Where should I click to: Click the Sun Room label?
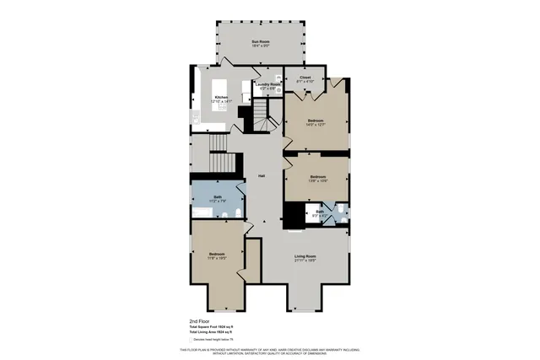pos(260,43)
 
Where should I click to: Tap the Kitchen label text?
pos(221,98)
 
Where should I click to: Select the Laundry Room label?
pos(268,85)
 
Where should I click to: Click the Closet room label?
pos(305,78)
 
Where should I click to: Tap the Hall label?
pos(262,175)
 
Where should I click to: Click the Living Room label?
pos(305,257)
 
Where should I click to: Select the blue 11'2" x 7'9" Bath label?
pos(217,199)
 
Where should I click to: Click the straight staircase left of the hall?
pos(220,161)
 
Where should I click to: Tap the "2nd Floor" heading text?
pos(200,321)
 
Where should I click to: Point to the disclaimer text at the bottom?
pos(270,351)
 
